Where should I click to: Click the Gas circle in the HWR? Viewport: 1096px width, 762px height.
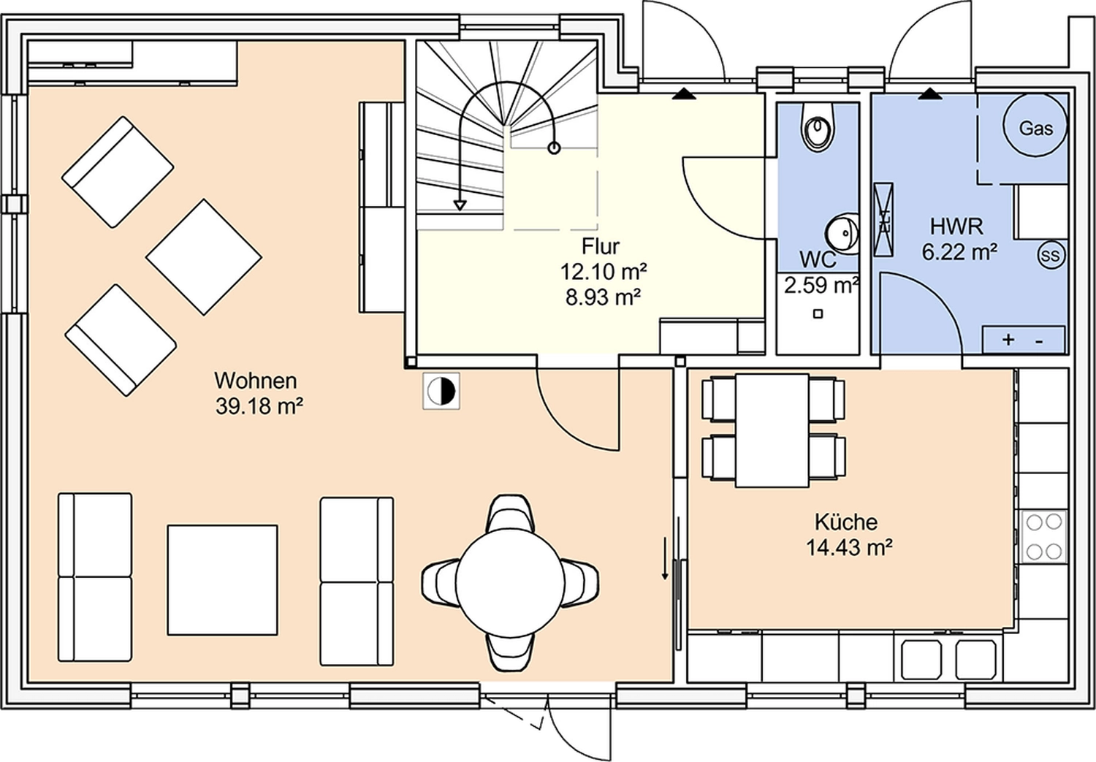(x=1035, y=126)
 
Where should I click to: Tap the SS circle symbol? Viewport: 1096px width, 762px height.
(x=1050, y=256)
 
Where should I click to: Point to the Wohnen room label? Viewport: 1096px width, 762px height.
(x=255, y=381)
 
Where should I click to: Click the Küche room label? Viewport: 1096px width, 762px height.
(x=846, y=522)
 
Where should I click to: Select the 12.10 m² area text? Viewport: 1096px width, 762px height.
(x=603, y=272)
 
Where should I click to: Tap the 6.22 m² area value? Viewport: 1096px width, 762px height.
(x=959, y=253)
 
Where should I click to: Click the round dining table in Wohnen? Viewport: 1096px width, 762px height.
(x=510, y=582)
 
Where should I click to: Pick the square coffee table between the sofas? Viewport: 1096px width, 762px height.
(x=222, y=579)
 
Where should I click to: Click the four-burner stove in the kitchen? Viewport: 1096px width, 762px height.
(x=1043, y=536)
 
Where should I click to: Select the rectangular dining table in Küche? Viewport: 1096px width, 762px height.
(x=772, y=430)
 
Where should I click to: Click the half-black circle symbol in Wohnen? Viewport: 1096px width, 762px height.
(x=441, y=392)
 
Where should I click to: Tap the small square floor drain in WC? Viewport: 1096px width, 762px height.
(x=818, y=314)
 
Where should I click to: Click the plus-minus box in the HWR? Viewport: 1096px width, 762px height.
(x=1023, y=340)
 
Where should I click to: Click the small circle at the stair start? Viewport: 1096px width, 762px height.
(x=554, y=148)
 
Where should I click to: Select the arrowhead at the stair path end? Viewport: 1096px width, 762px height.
(x=460, y=205)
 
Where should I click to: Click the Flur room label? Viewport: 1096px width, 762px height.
(x=601, y=245)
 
